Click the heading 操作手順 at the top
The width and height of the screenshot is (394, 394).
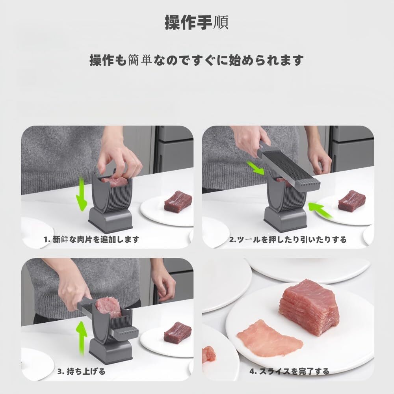(x=196, y=22)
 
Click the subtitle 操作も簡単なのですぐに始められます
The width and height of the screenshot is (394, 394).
(x=197, y=60)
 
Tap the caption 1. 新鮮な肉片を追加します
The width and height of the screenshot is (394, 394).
(x=91, y=239)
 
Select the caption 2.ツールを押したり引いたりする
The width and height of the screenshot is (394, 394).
(x=288, y=239)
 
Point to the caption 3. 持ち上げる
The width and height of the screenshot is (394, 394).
(x=82, y=371)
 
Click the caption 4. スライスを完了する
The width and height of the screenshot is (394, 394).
(x=289, y=371)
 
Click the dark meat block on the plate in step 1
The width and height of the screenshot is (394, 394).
(x=178, y=201)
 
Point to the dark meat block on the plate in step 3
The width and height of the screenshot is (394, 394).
(x=177, y=332)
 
